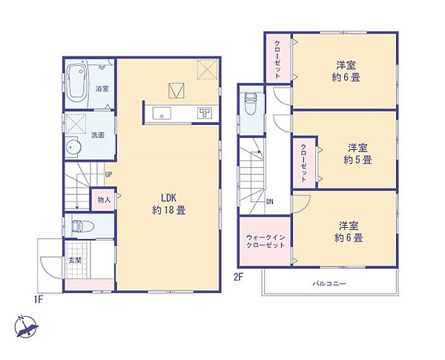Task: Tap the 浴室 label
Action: tap(102, 89)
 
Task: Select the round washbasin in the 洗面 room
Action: tap(73, 148)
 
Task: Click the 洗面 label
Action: tap(98, 136)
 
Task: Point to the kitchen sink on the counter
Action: tap(162, 113)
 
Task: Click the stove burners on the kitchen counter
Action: tap(203, 113)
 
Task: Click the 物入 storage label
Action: tap(103, 199)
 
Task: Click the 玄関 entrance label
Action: tap(76, 260)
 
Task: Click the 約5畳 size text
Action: tap(357, 160)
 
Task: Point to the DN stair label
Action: tap(271, 201)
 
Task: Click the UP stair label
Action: tap(108, 175)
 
